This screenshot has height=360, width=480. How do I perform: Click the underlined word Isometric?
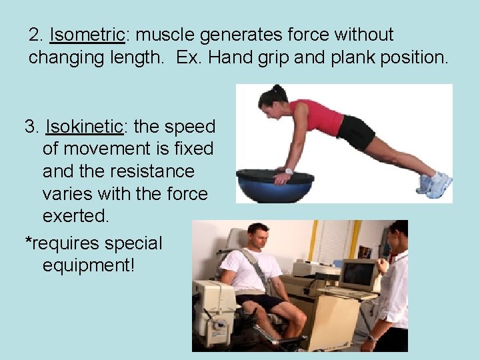click(87, 35)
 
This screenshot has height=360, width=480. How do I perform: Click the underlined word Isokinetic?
click(84, 127)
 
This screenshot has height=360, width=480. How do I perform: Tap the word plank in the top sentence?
click(359, 57)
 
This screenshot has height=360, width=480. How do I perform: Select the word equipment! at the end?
click(88, 265)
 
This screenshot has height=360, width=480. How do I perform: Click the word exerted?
click(75, 217)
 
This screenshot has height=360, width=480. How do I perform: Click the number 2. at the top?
click(36, 35)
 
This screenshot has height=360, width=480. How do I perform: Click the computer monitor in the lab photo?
click(359, 274)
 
